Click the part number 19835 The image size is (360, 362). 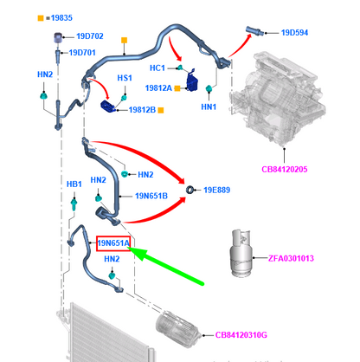click(61, 18)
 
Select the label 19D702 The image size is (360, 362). click(90, 36)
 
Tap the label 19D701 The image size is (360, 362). click(82, 53)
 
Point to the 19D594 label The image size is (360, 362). click(294, 33)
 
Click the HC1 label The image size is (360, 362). click(157, 68)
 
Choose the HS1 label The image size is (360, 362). click(125, 78)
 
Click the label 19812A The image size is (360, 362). click(158, 88)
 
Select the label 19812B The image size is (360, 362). click(142, 110)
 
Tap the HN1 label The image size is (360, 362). click(209, 107)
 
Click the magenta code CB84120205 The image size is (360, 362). click(285, 169)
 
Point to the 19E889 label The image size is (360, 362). click(216, 190)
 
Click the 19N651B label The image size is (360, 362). click(151, 196)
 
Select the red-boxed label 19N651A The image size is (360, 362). click(113, 243)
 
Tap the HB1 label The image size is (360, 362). click(74, 184)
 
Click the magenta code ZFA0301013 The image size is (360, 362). click(291, 258)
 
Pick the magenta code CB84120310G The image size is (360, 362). click(241, 335)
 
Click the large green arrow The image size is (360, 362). click(166, 266)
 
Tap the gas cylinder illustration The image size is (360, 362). click(241, 253)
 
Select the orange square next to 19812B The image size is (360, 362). click(161, 110)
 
